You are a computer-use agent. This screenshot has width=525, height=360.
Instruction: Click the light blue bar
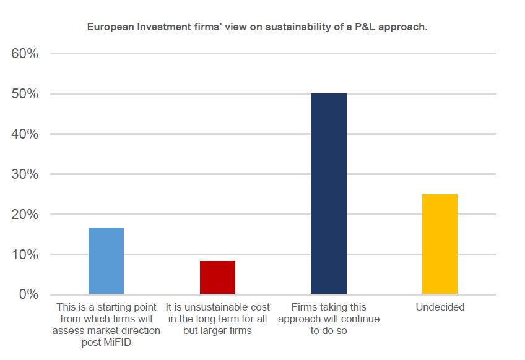coord(106,260)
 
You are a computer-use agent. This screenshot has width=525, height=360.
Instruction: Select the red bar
coord(217,277)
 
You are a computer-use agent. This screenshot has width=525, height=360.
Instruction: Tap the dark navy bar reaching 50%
coord(328,194)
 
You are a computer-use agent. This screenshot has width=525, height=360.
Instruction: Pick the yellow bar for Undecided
coord(440,244)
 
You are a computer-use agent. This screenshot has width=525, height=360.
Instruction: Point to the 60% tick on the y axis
coord(25,54)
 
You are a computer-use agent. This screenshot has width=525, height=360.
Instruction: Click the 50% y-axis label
coord(25,94)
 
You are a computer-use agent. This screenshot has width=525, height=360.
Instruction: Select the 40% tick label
coord(25,134)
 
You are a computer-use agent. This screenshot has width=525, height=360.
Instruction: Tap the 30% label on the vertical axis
coord(25,174)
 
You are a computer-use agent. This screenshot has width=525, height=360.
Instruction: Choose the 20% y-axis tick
coord(25,215)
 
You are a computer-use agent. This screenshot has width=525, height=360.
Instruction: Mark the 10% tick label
coord(25,255)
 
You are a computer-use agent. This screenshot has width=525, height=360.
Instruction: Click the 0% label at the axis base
coord(28,294)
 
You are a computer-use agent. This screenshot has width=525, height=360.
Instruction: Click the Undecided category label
coord(440,307)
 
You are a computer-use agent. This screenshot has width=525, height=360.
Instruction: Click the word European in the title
coord(108,27)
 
